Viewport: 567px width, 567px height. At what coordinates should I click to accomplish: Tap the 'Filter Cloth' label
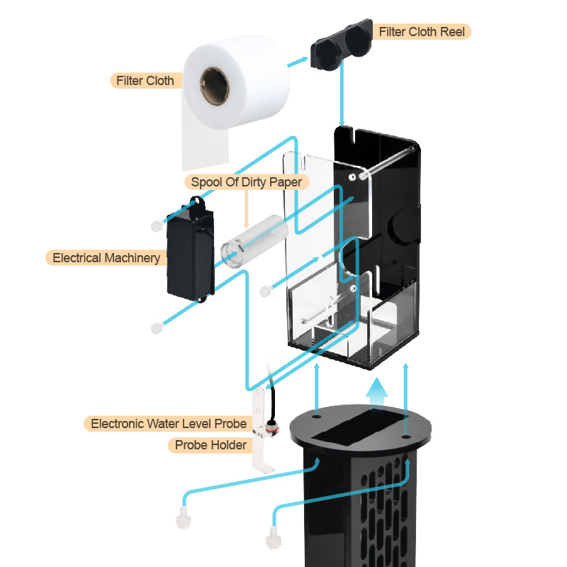coord(145,80)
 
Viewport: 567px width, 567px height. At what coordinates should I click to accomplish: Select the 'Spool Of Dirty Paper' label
coord(246,182)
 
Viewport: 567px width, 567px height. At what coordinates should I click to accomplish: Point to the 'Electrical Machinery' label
coord(106,257)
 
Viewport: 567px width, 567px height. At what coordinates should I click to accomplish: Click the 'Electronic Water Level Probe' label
coord(169,424)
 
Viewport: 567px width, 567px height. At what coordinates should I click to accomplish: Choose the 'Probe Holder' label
coord(210,445)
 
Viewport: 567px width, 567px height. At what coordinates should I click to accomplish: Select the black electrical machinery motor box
coord(189,258)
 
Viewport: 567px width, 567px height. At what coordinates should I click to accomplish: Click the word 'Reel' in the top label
coord(453,32)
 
